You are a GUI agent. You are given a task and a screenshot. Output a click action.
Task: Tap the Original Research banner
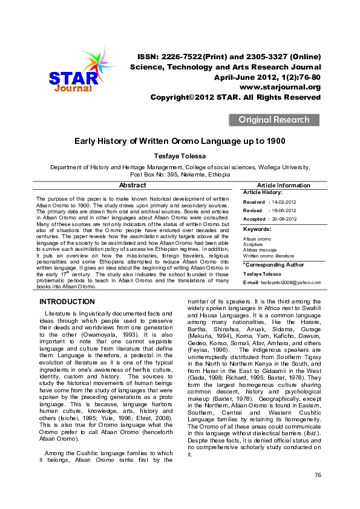273,120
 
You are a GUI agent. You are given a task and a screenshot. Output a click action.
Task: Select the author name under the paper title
179,157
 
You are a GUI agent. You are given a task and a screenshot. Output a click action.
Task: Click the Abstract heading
133,186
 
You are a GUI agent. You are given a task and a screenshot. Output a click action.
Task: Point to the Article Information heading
284,186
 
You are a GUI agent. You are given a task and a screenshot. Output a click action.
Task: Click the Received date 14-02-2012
284,202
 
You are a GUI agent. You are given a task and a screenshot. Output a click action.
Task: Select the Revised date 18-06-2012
284,210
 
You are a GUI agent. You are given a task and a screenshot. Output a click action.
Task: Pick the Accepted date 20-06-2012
284,219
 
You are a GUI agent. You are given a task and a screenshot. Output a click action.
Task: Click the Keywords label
257,230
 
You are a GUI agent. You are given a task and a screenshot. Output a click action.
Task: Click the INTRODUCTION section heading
67,302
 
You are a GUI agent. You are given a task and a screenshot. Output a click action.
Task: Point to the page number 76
318,492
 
